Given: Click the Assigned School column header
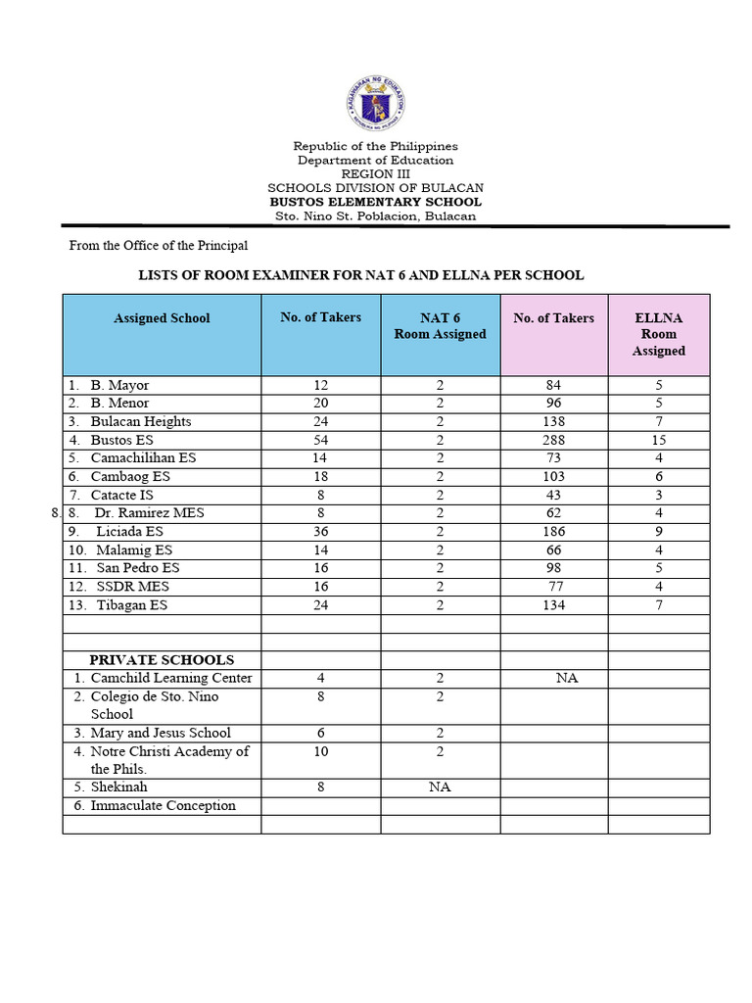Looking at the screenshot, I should tap(162, 318).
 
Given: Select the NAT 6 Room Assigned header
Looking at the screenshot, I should tap(441, 326).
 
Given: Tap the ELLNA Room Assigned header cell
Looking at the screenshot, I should tap(658, 334).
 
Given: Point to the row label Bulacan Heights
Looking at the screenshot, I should tap(141, 421).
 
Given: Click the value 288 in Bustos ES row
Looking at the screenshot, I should tap(554, 440).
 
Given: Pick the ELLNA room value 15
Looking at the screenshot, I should tap(659, 440).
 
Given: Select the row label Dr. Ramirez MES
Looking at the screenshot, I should tap(149, 512).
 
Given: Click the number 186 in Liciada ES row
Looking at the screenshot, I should tap(554, 531).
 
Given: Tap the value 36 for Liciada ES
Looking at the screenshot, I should tap(320, 531).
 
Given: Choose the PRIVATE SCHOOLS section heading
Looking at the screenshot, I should tap(162, 659).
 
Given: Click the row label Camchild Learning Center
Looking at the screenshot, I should tap(170, 678).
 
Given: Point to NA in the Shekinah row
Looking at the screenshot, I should tap(441, 787).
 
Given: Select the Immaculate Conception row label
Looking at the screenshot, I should tap(163, 805).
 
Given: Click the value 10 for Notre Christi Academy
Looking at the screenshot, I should tap(320, 751).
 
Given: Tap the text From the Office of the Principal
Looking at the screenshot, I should tap(158, 246).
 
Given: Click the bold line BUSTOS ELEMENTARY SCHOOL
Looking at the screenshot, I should tap(375, 202).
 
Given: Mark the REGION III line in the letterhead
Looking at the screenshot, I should tap(375, 173).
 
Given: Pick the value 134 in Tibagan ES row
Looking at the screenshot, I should tap(554, 604).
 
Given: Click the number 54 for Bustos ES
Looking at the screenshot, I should tap(320, 440).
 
